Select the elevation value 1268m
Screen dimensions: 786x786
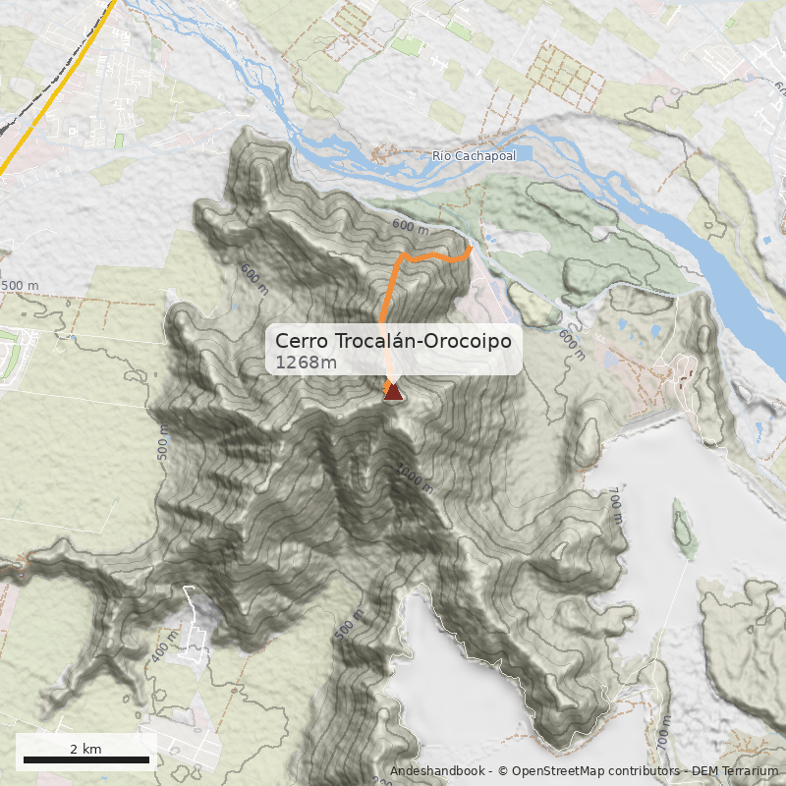click(x=306, y=363)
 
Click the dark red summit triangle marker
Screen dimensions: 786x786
click(x=393, y=392)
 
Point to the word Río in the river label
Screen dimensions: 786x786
click(x=441, y=156)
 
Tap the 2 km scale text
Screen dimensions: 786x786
click(x=85, y=749)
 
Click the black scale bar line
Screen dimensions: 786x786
click(x=85, y=759)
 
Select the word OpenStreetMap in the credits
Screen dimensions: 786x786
click(x=552, y=772)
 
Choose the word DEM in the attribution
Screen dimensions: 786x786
click(x=705, y=772)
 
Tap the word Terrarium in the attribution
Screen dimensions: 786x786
click(x=750, y=772)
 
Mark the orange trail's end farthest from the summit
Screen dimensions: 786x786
click(x=470, y=250)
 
